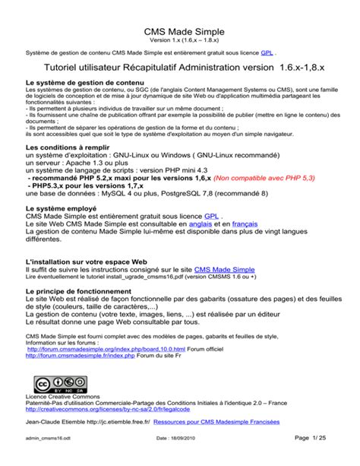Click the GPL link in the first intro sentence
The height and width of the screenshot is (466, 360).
[267, 54]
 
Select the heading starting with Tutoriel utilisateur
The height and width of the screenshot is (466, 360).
[179, 68]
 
